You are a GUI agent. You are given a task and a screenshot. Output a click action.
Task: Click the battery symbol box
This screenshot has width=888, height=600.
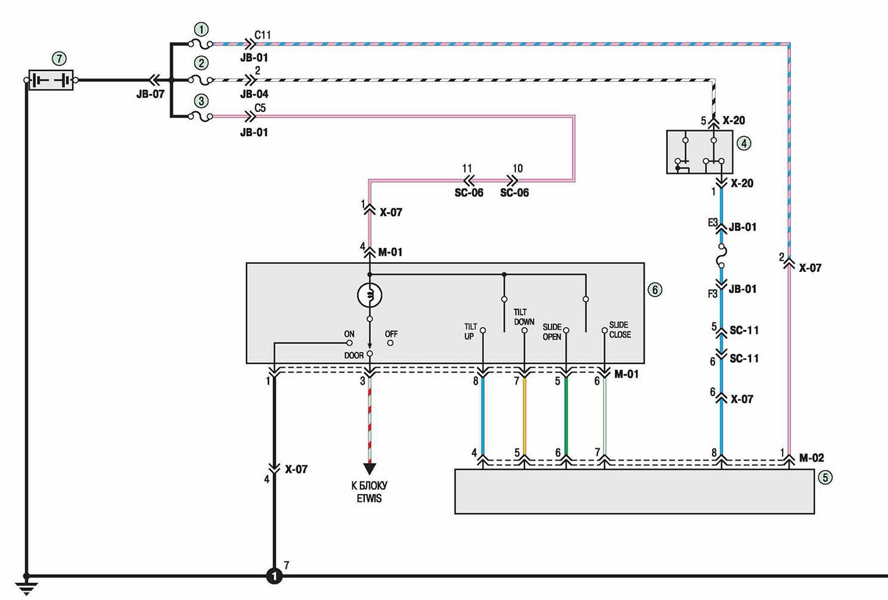pos(51,80)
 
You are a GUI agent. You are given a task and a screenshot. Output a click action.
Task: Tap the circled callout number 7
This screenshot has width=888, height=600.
pos(59,59)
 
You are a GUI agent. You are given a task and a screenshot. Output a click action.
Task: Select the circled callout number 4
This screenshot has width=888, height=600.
pos(744,143)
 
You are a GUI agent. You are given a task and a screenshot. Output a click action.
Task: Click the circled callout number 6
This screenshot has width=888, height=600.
pos(655,290)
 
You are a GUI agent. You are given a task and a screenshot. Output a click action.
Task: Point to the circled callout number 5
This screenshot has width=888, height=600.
pos(826,477)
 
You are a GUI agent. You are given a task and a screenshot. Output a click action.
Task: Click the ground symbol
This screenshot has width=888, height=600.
pos(26,587)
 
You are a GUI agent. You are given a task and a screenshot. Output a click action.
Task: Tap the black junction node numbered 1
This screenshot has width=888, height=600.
pos(274,576)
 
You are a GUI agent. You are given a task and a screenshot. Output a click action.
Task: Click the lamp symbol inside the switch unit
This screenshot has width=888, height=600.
pos(369,295)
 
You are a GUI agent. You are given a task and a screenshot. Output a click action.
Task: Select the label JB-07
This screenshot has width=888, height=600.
pos(150,94)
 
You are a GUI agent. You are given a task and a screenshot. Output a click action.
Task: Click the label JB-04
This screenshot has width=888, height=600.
pos(254,94)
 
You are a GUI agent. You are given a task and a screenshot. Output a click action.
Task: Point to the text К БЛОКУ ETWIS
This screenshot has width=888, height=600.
pos(369,492)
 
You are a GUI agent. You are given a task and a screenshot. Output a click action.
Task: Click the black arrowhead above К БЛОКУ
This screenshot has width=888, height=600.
pos(369,469)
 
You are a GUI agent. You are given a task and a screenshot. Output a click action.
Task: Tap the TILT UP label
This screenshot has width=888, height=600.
pos(471,332)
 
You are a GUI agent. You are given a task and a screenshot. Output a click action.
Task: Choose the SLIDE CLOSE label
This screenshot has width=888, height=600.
pos(620,330)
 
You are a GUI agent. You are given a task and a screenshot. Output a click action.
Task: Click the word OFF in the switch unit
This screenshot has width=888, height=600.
pos(391,334)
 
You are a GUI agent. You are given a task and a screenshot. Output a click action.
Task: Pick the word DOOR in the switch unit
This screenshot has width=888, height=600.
pos(354,356)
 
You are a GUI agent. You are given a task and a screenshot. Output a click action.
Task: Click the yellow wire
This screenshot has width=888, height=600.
pos(524,416)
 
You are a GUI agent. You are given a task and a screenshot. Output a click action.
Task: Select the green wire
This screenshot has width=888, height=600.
pos(566,416)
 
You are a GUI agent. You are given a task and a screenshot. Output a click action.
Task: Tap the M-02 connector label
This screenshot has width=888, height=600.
pos(812,458)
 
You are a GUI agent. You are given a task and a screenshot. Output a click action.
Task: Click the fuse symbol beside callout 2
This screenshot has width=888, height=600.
pos(202,81)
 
